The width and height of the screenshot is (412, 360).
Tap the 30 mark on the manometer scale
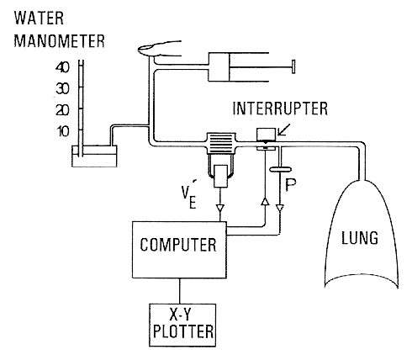pyautogui.click(x=61, y=87)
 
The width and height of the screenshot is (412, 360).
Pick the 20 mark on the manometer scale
pyautogui.click(x=61, y=109)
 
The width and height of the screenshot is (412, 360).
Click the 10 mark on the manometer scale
pyautogui.click(x=61, y=131)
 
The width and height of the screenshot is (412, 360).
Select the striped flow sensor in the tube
pyautogui.click(x=221, y=146)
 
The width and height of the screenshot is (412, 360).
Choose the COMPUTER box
pyautogui.click(x=178, y=246)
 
